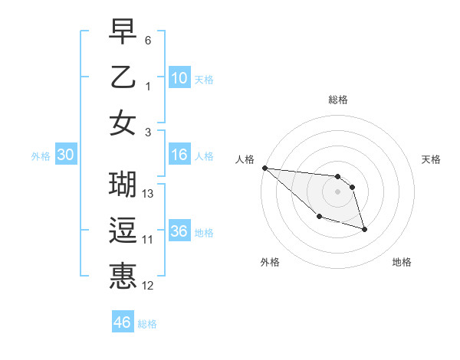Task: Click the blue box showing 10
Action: tap(179, 78)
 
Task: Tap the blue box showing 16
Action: tap(179, 155)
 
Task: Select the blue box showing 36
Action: tap(179, 231)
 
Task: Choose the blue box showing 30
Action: tap(65, 155)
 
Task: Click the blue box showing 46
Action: tap(122, 322)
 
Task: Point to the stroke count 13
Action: tap(149, 194)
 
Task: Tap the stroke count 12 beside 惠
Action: tap(149, 286)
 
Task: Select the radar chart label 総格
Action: tap(338, 100)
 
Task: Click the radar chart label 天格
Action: tap(432, 159)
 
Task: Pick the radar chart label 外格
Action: tap(270, 262)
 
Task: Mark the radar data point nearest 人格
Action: tap(264, 168)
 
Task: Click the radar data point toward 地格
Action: tap(364, 228)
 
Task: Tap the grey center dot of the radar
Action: tap(338, 191)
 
